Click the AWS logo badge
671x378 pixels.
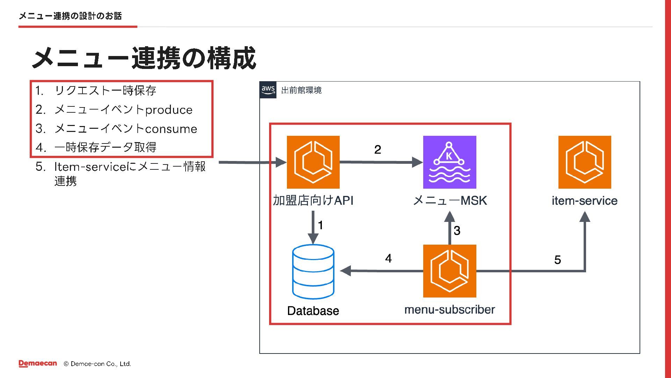[268, 90]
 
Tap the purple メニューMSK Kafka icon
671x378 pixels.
[449, 162]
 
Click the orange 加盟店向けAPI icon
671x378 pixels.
[313, 162]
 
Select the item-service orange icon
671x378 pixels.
[585, 162]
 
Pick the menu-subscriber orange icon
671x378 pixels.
[449, 271]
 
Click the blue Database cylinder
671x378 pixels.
[313, 272]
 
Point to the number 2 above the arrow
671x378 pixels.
[377, 149]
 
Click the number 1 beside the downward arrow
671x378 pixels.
[320, 225]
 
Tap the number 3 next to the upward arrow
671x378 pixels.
[457, 230]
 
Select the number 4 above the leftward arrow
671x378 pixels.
[388, 258]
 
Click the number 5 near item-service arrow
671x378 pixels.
[557, 260]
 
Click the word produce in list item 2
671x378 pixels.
[169, 110]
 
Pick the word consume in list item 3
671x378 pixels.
[171, 129]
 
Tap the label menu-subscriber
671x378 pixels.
[449, 309]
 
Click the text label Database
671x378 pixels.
[313, 311]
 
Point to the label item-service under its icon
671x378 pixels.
[585, 201]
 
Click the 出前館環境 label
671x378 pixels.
[301, 90]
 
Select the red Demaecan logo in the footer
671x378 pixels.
[38, 364]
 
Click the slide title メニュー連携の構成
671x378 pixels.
[144, 58]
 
